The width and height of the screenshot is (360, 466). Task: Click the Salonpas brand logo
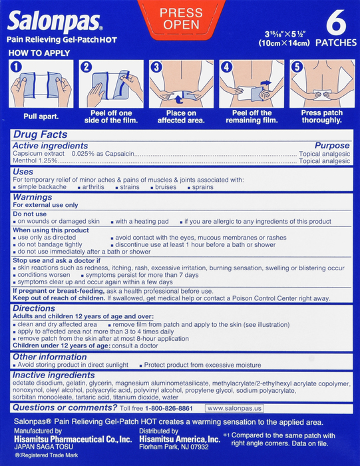point(55,21)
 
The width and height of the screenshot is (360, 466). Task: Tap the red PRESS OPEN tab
point(181,19)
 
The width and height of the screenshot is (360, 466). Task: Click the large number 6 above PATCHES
point(336,23)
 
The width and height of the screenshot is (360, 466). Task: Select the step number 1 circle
point(16,67)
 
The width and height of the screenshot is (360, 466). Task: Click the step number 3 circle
point(156,67)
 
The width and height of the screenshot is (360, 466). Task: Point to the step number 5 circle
point(297,67)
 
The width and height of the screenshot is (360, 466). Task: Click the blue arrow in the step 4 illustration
point(266,83)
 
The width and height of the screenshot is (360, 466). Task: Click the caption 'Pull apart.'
point(41,116)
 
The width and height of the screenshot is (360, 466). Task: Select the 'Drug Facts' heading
point(41,134)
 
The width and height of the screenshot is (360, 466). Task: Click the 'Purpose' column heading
point(332,145)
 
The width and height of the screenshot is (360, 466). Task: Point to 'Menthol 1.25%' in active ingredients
point(35,161)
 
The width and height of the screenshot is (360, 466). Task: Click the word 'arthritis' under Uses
point(93,187)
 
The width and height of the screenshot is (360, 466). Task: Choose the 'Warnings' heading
point(33,197)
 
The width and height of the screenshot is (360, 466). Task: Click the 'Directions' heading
point(34,308)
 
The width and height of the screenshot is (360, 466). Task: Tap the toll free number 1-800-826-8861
point(169,408)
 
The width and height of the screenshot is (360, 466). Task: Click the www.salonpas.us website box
point(234,408)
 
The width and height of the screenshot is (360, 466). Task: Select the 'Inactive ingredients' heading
point(53,375)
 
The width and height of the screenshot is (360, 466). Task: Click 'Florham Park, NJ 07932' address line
point(174,447)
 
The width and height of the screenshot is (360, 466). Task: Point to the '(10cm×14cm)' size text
point(284,43)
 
